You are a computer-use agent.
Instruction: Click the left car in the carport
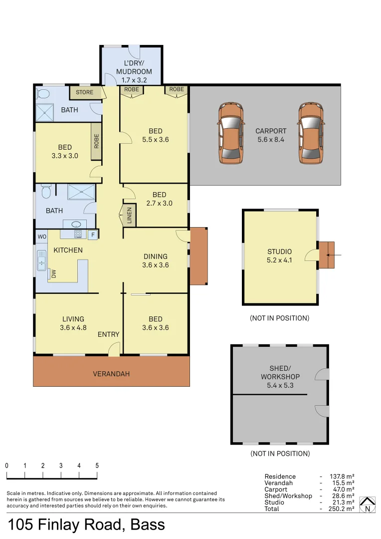(x=231, y=133)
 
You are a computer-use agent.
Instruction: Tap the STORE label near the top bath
(x=84, y=92)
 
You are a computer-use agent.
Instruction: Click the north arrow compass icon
(x=368, y=505)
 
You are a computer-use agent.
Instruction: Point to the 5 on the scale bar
(x=97, y=465)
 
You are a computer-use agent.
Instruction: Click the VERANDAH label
(x=111, y=374)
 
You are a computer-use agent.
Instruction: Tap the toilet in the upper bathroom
(x=42, y=93)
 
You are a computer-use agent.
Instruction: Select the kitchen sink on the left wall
(x=41, y=260)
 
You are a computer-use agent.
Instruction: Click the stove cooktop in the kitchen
(x=78, y=234)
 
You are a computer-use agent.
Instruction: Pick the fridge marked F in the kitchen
(x=93, y=234)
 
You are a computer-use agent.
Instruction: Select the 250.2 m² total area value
(x=342, y=509)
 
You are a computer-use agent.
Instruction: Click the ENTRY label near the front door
(x=108, y=334)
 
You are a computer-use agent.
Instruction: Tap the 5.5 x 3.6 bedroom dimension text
(x=155, y=140)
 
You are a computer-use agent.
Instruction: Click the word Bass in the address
(x=148, y=525)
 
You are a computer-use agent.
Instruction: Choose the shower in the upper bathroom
(x=44, y=113)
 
